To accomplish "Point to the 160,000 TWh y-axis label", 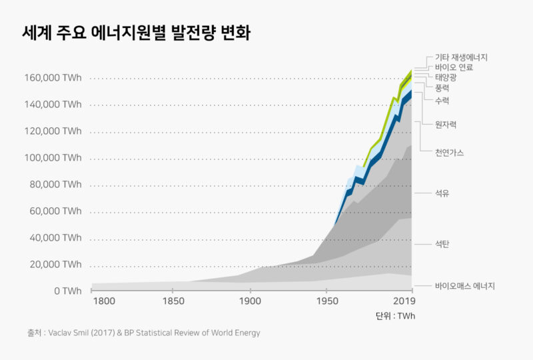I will [53, 78].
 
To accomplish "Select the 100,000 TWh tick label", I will [53, 158].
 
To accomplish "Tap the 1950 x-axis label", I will [326, 301].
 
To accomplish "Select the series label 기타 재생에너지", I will [462, 58].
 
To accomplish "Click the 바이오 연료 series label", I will [454, 68].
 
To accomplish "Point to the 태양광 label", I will [446, 78].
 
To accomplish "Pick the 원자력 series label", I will [446, 125].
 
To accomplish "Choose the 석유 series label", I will [442, 193].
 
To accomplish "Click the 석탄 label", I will [442, 245].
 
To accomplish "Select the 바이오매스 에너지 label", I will [465, 287].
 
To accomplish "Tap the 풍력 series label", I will [442, 88].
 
